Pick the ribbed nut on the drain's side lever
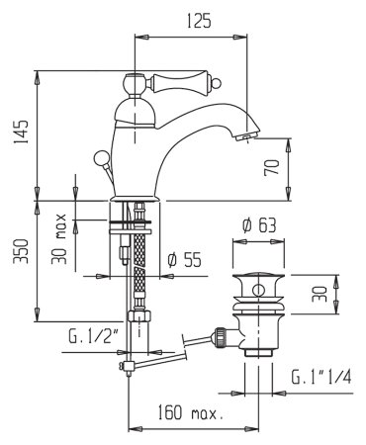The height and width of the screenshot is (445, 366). [223, 335]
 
